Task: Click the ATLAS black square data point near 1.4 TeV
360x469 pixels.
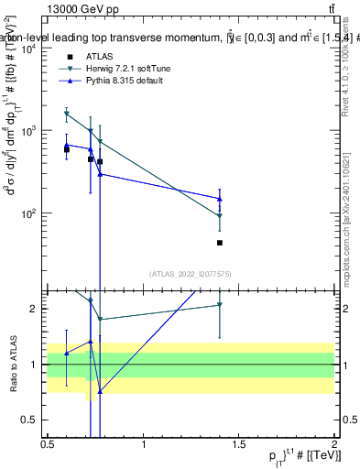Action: tap(220, 243)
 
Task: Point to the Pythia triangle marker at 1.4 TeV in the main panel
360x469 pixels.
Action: tap(220, 198)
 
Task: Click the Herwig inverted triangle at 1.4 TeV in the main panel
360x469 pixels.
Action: tap(220, 216)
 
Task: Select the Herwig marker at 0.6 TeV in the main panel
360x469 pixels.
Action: tap(67, 115)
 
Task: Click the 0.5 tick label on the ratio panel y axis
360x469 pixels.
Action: tap(32, 420)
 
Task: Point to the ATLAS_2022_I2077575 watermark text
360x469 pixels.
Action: tap(191, 273)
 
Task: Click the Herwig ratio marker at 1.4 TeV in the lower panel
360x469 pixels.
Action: tap(220, 305)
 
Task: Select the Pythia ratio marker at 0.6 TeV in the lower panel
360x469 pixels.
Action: tap(67, 353)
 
